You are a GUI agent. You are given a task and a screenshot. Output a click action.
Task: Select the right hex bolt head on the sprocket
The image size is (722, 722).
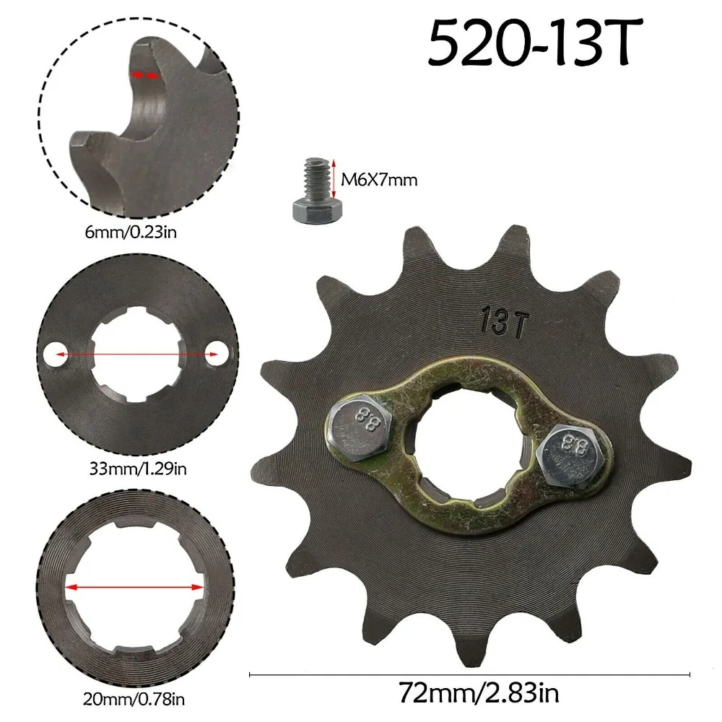(567, 456)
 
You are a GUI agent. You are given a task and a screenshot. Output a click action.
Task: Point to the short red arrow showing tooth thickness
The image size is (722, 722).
(143, 74)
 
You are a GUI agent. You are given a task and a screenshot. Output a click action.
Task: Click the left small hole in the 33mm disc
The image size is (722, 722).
(52, 354)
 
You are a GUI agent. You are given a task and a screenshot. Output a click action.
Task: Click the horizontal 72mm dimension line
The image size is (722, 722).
(469, 675)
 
